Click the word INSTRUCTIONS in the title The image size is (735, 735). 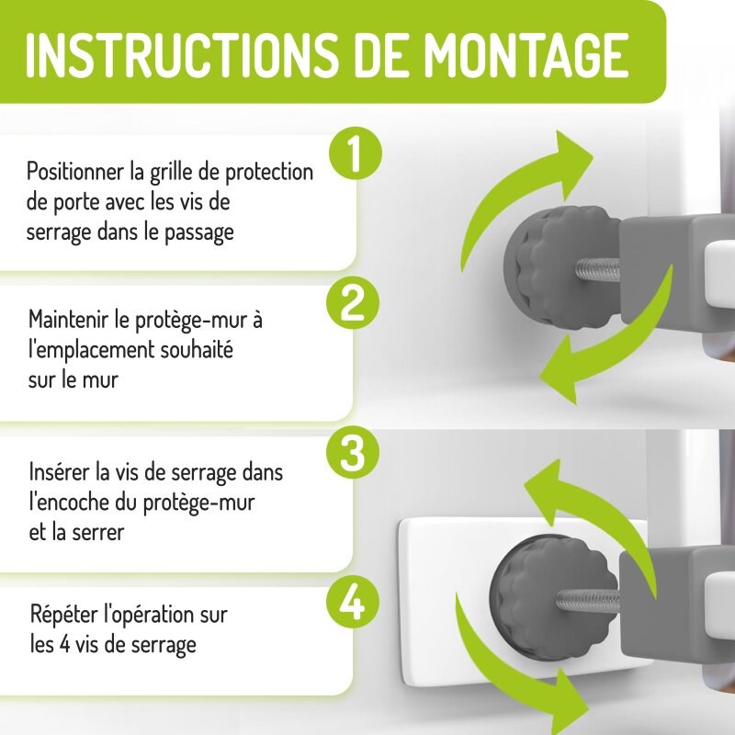pos(181,55)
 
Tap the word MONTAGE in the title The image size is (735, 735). pos(526,55)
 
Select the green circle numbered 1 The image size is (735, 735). pos(356,153)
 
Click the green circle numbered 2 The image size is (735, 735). pos(353,303)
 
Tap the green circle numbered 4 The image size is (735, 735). pos(353,604)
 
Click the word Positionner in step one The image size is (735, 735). pos(76,172)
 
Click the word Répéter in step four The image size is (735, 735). pos(64,614)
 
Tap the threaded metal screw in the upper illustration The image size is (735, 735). pos(597,270)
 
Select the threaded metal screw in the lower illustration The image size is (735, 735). pos(588,600)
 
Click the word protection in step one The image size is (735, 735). pos(269,172)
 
